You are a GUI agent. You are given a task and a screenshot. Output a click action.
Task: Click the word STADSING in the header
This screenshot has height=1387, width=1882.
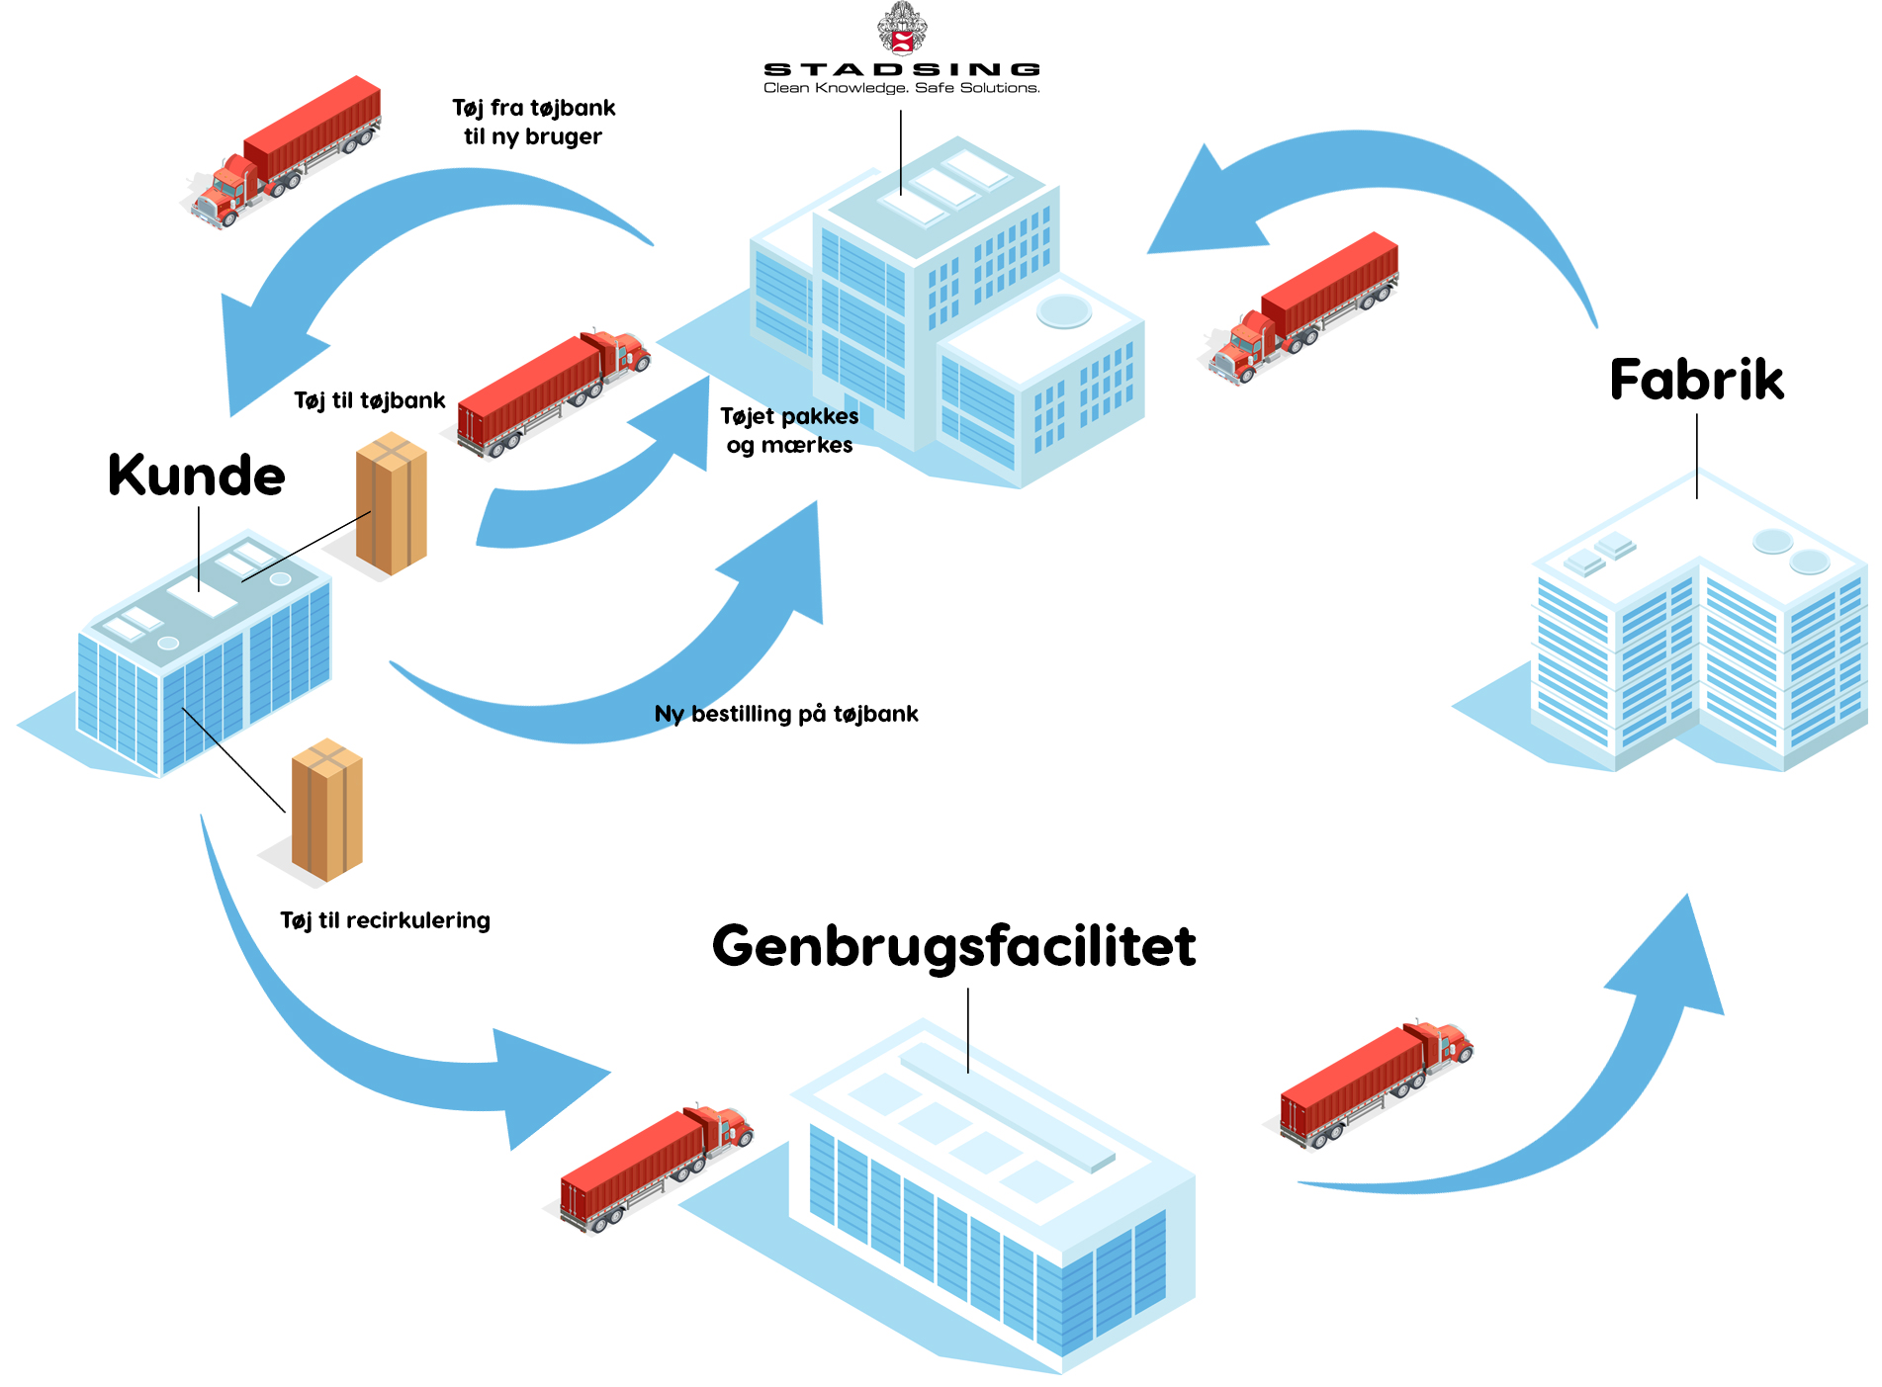(901, 69)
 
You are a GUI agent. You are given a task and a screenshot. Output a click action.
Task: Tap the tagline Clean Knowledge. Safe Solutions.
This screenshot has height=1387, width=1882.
(901, 88)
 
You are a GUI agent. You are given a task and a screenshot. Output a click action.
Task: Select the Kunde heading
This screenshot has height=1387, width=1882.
(196, 476)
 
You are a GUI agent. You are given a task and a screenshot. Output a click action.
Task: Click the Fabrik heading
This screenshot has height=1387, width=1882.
(1696, 380)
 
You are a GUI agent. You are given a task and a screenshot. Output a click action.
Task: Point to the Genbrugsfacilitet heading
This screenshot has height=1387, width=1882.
(953, 946)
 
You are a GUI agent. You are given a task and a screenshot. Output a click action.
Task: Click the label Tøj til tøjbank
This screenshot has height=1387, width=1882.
(369, 400)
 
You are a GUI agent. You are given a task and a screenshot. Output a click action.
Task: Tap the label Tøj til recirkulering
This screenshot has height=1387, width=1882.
(385, 920)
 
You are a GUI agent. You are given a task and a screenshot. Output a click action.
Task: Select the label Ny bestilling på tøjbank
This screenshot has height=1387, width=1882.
(786, 714)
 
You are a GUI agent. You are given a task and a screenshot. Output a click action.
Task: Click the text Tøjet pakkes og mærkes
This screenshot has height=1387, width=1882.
(789, 430)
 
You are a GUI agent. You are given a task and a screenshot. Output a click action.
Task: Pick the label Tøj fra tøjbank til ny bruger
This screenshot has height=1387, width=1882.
(534, 122)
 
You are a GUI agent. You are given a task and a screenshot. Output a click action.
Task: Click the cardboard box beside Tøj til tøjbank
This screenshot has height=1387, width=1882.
(392, 503)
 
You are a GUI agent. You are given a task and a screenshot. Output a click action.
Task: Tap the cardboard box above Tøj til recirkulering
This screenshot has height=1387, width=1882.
(327, 809)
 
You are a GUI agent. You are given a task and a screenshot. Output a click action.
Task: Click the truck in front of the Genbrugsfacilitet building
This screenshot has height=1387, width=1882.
(655, 1167)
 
